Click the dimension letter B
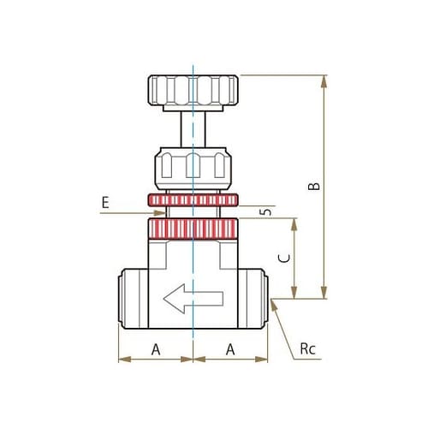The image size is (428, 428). click(x=314, y=186)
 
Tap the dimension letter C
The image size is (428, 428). click(x=284, y=259)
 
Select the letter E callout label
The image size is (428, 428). click(x=105, y=203)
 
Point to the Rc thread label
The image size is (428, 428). click(x=307, y=349)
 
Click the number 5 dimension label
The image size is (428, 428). click(x=266, y=211)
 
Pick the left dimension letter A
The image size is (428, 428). click(x=156, y=349)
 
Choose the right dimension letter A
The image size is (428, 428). click(x=230, y=349)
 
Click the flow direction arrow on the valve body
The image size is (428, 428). click(x=193, y=299)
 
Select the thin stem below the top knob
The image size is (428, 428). click(x=193, y=129)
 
